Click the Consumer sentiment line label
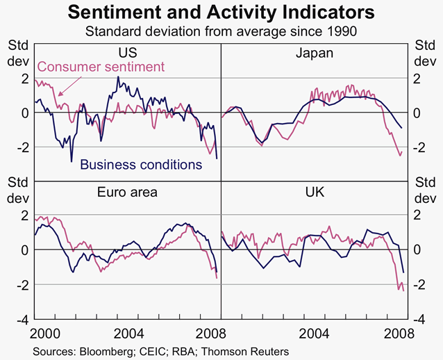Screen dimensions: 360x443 pos(100,67)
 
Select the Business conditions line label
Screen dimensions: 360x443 pos(141,165)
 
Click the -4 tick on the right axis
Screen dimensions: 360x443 pos(421,320)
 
